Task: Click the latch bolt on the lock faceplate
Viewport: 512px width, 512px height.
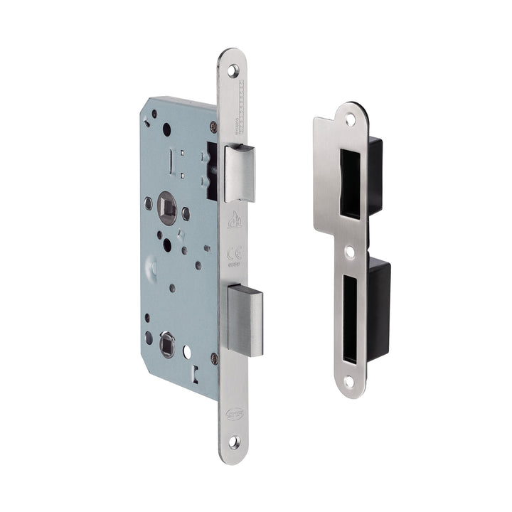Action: (240, 172)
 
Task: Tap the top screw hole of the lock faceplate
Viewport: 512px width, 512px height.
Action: (233, 70)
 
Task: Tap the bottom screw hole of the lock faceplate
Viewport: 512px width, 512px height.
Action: (234, 441)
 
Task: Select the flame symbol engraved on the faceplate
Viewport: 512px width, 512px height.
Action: (234, 221)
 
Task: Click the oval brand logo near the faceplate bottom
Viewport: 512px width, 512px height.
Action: (234, 413)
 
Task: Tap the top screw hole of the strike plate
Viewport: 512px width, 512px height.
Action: (350, 121)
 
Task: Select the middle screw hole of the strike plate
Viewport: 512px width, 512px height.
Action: (350, 252)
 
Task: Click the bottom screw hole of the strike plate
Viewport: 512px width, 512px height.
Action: (349, 382)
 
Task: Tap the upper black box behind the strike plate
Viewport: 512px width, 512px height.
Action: (375, 176)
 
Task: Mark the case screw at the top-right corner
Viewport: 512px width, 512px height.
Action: (213, 127)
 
